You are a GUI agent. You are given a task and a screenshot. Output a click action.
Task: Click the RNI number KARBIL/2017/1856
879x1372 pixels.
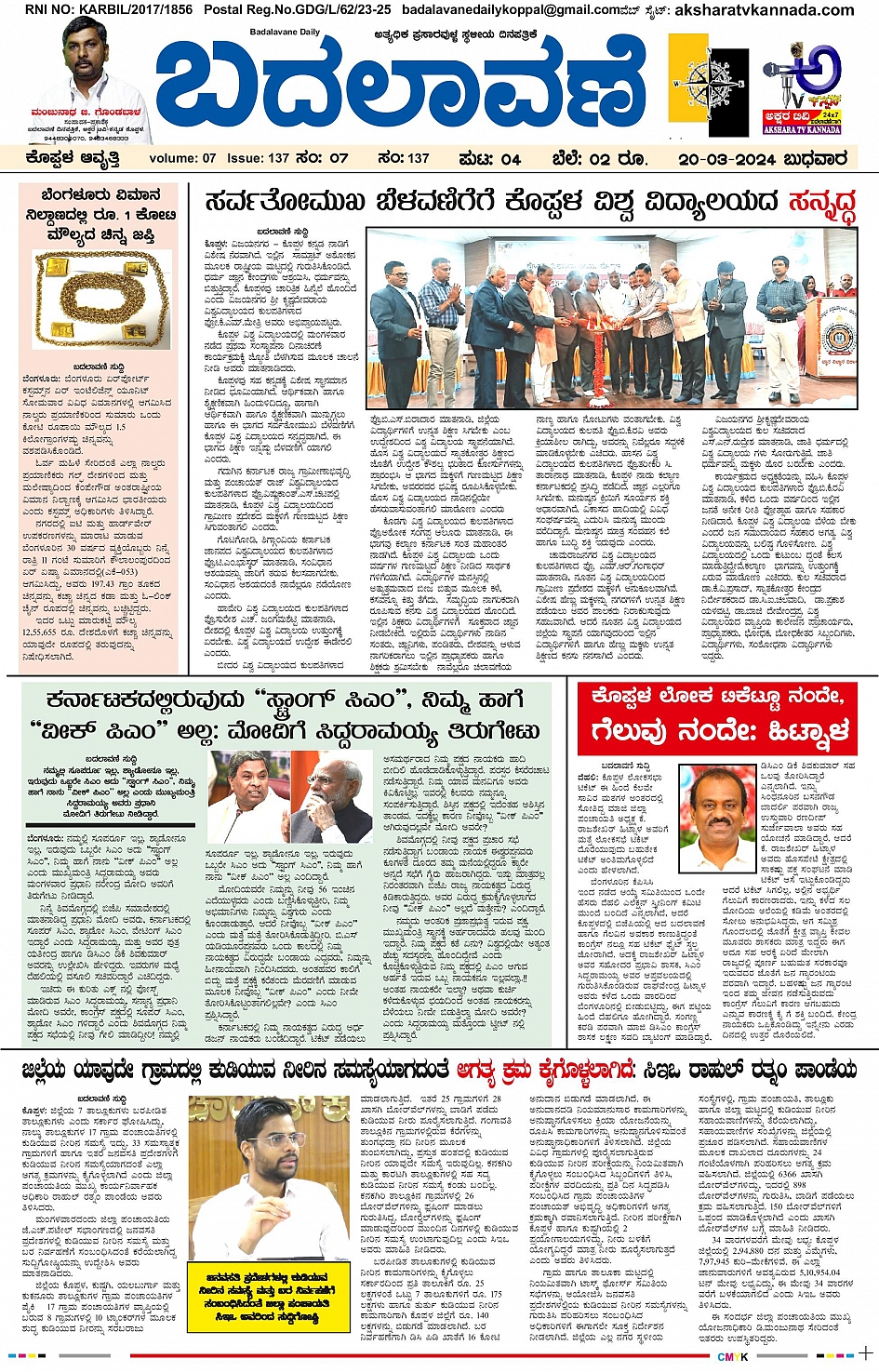click(96, 9)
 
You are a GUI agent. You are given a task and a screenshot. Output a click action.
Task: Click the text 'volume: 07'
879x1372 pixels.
click(182, 158)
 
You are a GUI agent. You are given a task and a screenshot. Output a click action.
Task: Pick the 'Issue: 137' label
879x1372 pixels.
click(258, 158)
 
